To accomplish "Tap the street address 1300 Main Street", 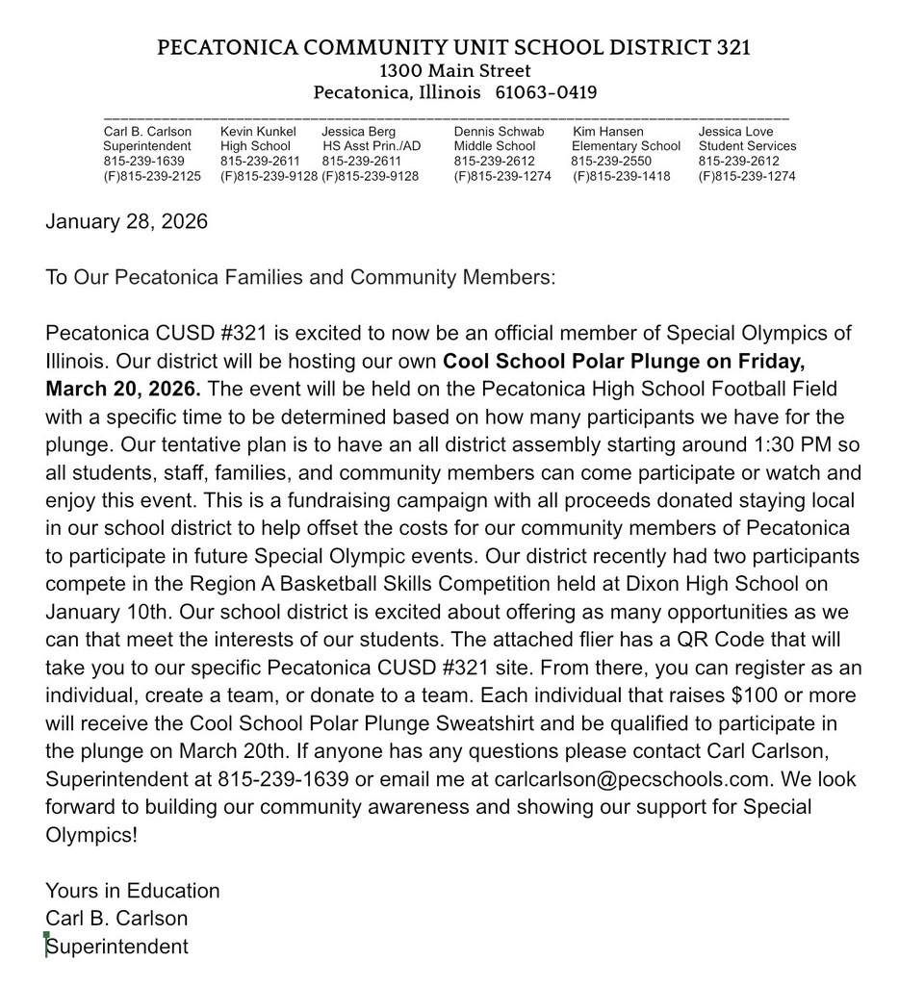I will click(455, 70).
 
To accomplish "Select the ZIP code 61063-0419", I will click(547, 93).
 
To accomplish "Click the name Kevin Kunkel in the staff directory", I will click(258, 131).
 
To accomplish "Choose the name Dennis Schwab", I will click(499, 131).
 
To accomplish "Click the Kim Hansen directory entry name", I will click(608, 131).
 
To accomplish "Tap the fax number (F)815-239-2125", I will click(152, 177).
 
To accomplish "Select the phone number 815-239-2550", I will click(611, 162).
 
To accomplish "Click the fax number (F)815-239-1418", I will click(622, 177).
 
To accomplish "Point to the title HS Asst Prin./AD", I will click(372, 146).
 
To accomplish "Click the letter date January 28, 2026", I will click(126, 222).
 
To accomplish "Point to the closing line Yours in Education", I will click(133, 891).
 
